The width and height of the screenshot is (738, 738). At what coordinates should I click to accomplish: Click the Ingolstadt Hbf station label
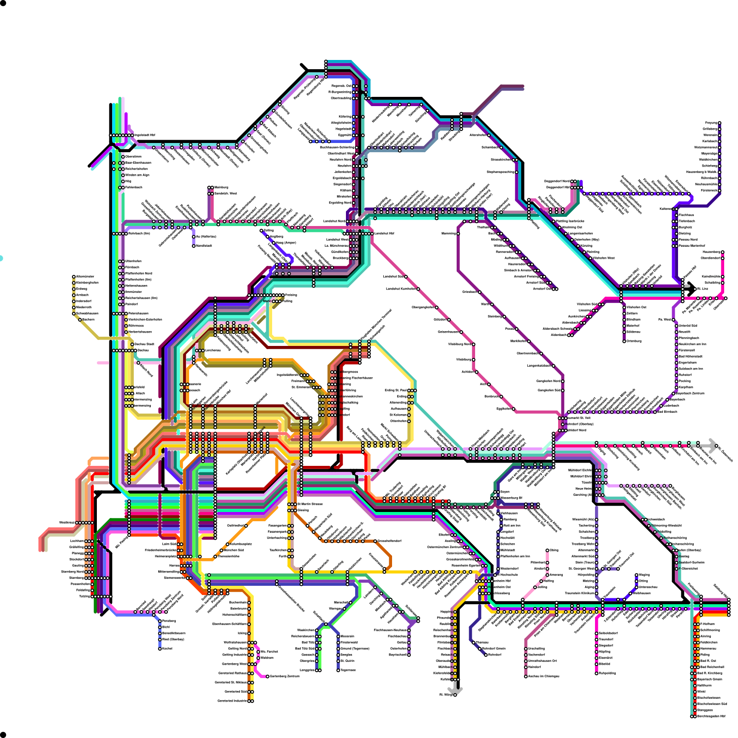tap(145, 135)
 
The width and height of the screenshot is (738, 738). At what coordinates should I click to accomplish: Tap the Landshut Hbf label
tap(384, 233)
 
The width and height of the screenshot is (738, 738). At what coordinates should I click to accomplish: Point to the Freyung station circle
tap(720, 123)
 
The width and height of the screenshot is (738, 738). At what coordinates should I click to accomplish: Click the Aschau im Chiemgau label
tap(544, 676)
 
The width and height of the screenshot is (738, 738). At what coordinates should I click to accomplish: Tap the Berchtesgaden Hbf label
tap(711, 716)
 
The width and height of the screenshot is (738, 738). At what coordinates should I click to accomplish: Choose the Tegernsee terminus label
tap(348, 670)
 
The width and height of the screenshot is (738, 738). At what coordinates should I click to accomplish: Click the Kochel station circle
tap(160, 649)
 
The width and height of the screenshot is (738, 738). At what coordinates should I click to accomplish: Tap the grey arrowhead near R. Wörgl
tap(456, 689)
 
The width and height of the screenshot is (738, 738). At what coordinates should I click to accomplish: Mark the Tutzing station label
tap(84, 596)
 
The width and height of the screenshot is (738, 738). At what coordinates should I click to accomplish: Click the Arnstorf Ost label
tap(542, 289)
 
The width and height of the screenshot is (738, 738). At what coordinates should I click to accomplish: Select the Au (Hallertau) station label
tap(206, 237)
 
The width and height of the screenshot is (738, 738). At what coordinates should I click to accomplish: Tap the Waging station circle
tap(637, 575)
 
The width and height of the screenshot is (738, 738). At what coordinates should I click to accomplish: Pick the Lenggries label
tap(308, 670)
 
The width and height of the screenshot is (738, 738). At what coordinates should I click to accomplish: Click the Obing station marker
tap(548, 550)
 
